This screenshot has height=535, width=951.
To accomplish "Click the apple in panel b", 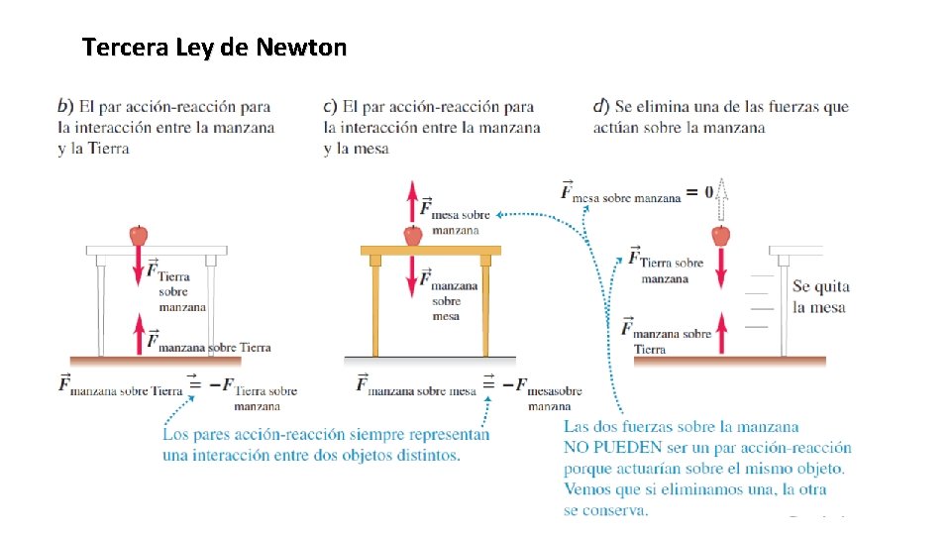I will (139, 235).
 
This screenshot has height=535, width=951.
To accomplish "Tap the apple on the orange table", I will (413, 235).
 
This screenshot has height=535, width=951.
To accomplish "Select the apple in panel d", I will (721, 235).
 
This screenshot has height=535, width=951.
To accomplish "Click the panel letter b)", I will (65, 106).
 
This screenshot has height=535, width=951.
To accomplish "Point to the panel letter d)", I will (601, 106).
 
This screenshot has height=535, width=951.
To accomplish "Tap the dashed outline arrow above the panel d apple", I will (722, 198).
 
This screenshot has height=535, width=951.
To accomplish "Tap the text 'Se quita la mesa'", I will (820, 296).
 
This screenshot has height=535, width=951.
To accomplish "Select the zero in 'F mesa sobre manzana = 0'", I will (708, 191).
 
